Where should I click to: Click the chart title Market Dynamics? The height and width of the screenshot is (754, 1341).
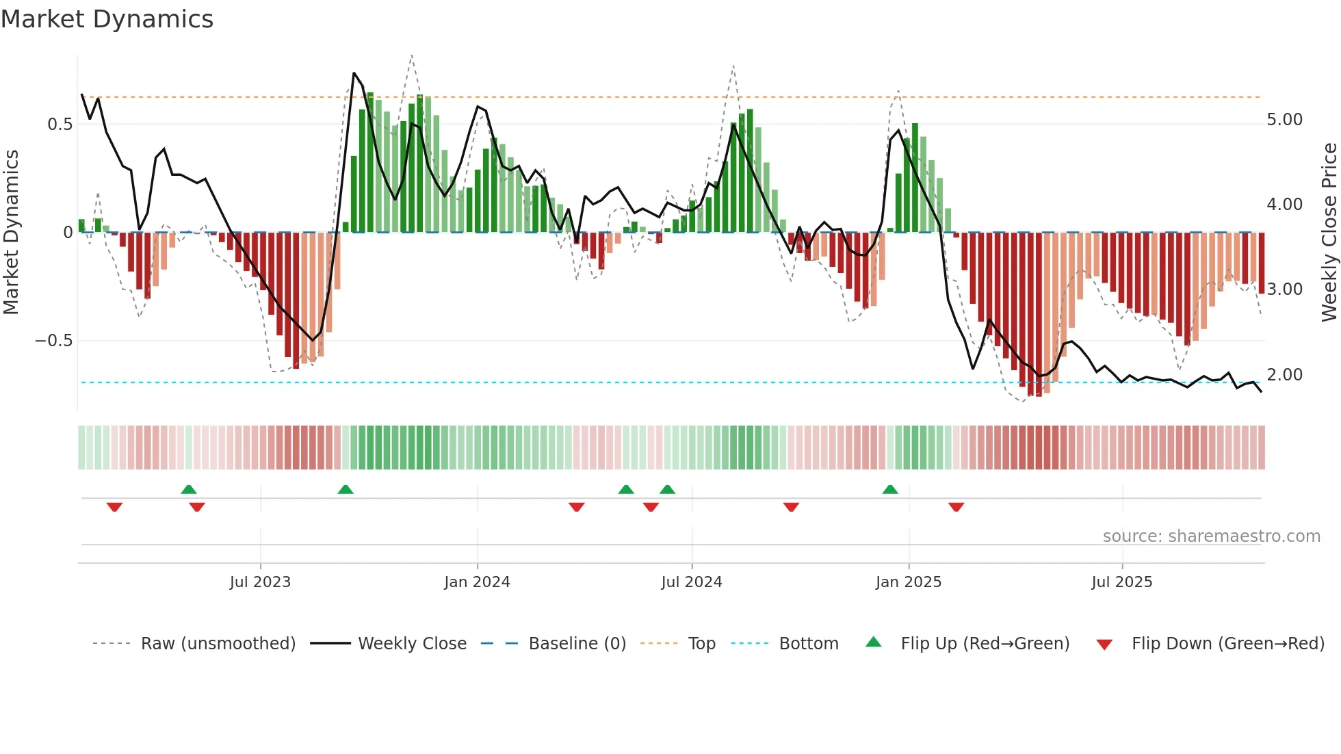[x=107, y=19]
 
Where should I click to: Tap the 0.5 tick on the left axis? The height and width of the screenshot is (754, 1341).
[x=60, y=125]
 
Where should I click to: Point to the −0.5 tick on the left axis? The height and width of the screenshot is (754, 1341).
[x=54, y=341]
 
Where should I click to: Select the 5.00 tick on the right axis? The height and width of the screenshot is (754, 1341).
[x=1284, y=120]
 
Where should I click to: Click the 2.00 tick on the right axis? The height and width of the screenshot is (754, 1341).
[x=1284, y=375]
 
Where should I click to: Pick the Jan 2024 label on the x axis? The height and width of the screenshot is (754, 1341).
[x=477, y=582]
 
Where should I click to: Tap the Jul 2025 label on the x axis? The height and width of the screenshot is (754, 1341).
[x=1121, y=582]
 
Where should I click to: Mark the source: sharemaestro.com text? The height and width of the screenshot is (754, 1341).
[x=1211, y=536]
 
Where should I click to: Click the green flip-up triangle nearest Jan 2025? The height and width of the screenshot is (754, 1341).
[x=890, y=490]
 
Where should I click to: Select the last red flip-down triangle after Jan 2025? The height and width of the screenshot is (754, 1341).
[x=956, y=507]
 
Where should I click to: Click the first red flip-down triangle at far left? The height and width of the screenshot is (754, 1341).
[x=114, y=507]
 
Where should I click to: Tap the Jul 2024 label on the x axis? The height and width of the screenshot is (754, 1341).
[x=691, y=582]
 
